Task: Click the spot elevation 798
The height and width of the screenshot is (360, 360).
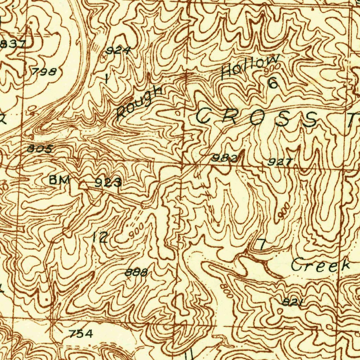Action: pyautogui.click(x=44, y=72)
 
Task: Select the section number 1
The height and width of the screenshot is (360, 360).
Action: pyautogui.click(x=107, y=78)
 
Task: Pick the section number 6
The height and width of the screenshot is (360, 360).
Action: pyautogui.click(x=273, y=83)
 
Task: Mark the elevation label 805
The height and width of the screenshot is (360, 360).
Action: pyautogui.click(x=40, y=149)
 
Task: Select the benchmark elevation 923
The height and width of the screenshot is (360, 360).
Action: pyautogui.click(x=108, y=182)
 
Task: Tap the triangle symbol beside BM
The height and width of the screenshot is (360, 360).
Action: pyautogui.click(x=84, y=185)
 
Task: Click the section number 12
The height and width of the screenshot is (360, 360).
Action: pyautogui.click(x=100, y=238)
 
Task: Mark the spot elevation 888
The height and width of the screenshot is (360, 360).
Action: pyautogui.click(x=136, y=272)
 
